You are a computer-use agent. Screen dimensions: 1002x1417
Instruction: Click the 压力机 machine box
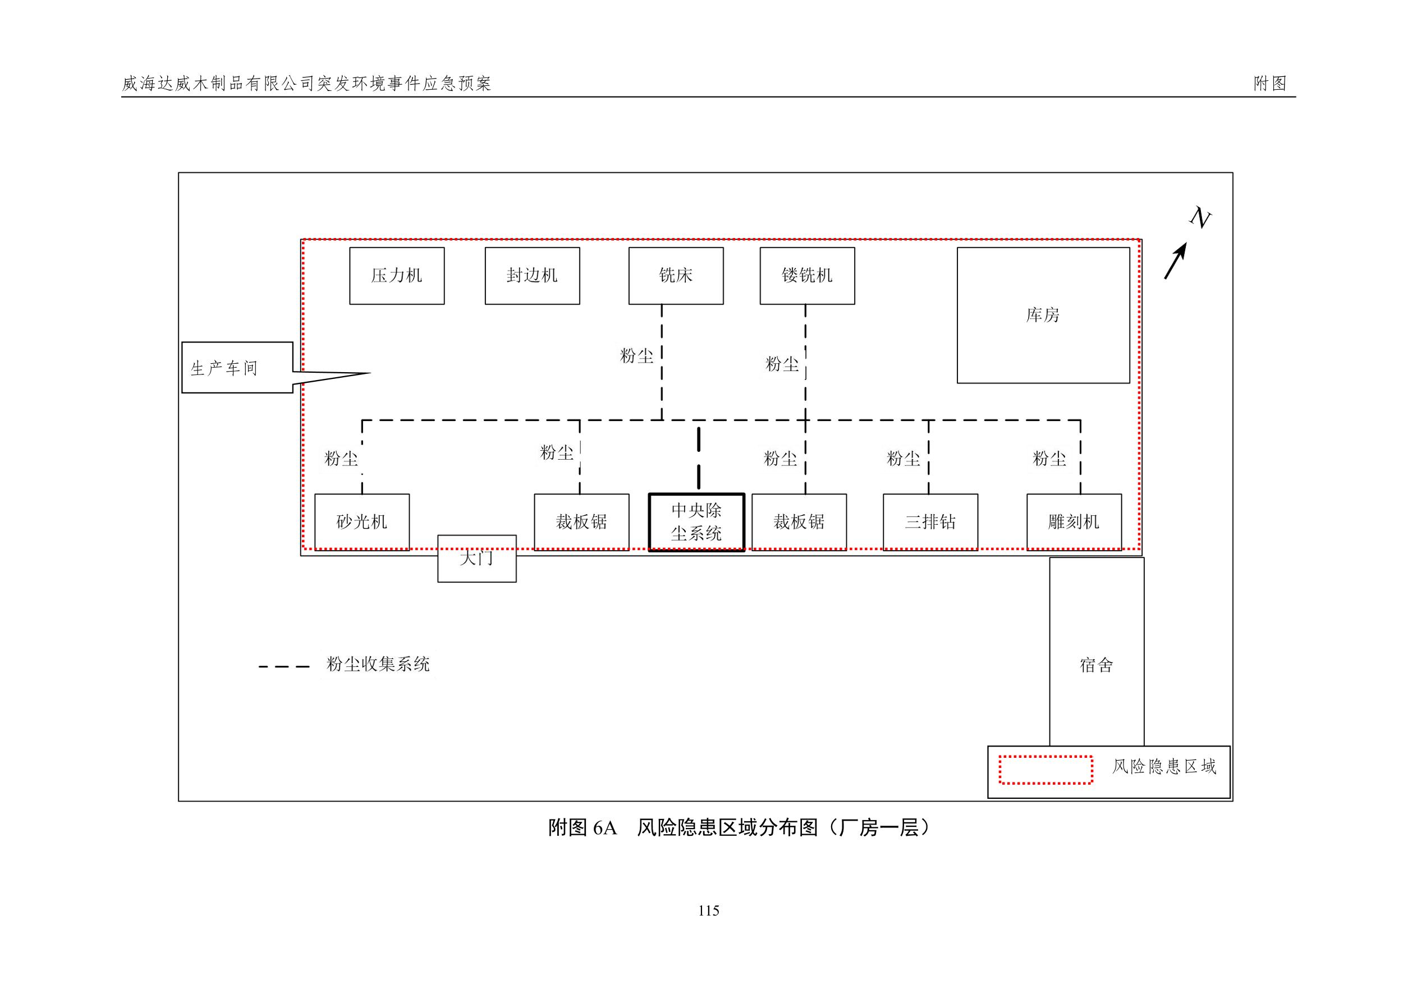tap(397, 276)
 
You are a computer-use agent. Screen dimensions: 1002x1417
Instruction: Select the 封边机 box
tap(532, 276)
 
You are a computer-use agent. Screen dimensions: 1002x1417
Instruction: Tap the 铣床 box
tap(676, 276)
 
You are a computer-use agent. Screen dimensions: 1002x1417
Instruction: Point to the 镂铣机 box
tap(807, 276)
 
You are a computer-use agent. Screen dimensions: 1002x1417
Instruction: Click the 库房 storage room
tap(1043, 315)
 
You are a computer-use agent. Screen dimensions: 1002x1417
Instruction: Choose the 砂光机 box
tap(361, 521)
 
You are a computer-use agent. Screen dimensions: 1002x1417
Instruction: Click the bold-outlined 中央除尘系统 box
tap(697, 522)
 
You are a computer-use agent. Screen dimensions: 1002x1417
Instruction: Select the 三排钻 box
tap(930, 521)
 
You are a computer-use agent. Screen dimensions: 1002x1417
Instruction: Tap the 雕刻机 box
tap(1074, 521)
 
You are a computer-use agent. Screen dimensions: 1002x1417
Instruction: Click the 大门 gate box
tap(477, 559)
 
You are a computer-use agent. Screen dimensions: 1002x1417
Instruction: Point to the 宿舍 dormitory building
tap(1097, 665)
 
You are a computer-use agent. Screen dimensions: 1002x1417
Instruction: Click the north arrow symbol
tap(1175, 261)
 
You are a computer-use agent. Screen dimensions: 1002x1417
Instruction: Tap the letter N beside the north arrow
tap(1200, 217)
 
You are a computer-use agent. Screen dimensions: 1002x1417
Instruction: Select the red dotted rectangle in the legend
tap(1045, 770)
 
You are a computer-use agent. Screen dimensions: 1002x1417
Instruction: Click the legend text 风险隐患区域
tap(1164, 767)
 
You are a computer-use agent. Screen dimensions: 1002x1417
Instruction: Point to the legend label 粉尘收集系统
tap(378, 664)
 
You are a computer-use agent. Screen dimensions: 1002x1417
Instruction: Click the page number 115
tap(708, 911)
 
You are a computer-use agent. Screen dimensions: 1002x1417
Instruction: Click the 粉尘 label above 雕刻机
tap(1049, 459)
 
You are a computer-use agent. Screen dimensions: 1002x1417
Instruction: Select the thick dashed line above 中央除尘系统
tap(699, 457)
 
